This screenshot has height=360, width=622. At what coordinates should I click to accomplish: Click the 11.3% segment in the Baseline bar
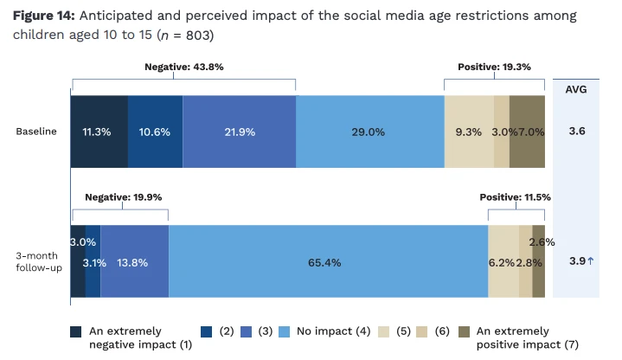coord(99,132)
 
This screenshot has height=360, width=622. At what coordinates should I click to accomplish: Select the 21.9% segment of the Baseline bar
coord(240,132)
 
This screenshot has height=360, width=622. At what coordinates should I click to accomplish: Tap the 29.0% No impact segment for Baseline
coord(370,132)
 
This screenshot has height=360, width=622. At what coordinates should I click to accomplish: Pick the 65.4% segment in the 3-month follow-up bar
coord(329,261)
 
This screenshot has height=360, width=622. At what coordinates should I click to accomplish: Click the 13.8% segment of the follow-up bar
coord(134,261)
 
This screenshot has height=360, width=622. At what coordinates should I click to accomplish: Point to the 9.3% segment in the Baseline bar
coord(469,132)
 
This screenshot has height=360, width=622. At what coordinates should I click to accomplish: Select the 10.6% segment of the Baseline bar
coord(156,132)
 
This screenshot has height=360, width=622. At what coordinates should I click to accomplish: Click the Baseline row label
coord(36,132)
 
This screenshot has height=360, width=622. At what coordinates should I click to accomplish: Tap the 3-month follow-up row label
coord(39,261)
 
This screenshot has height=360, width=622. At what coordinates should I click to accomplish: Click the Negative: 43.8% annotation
coord(184,67)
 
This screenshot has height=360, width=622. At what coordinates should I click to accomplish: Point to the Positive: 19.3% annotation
coord(494,67)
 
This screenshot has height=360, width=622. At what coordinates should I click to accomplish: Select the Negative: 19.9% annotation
coord(124,197)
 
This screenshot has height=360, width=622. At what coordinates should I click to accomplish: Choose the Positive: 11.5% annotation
coord(516,197)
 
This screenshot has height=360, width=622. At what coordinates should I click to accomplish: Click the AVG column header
coord(576,89)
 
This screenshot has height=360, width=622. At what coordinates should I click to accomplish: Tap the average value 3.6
coord(577,131)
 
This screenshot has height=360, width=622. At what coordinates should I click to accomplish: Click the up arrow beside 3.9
coord(591,260)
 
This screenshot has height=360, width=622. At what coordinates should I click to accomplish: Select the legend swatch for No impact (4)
coord(285,331)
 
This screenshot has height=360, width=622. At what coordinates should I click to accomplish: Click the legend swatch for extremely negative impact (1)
coord(76,331)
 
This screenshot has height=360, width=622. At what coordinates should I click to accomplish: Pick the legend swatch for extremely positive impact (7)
coord(464,331)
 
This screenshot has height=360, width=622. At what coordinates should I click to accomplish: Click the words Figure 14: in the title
coord(43,16)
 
